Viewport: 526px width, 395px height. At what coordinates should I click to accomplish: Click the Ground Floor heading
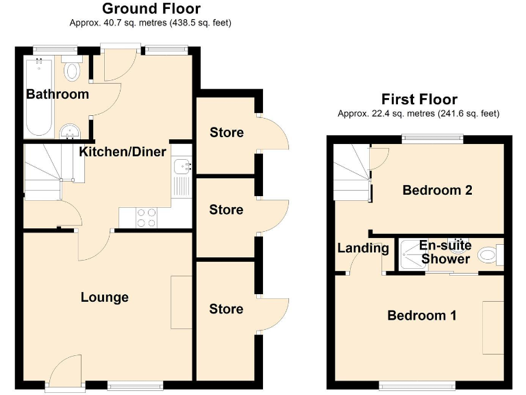[x=151, y=9]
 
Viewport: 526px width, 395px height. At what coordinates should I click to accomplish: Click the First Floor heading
[x=419, y=99]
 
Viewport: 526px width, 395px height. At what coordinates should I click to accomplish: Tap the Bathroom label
[x=58, y=94]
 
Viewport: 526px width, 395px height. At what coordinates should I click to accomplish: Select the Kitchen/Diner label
[x=123, y=152]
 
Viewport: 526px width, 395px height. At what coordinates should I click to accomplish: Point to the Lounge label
[x=105, y=297]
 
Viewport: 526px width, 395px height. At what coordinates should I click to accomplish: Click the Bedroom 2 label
[x=438, y=190]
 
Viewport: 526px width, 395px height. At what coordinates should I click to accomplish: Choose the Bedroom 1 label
[x=422, y=315]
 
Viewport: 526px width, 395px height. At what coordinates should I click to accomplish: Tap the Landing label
[x=363, y=248]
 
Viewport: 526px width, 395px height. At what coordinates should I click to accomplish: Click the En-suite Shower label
[x=445, y=252]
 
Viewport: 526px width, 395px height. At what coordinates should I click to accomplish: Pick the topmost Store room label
[x=227, y=132]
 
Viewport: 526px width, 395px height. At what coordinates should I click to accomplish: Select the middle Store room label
[x=227, y=209]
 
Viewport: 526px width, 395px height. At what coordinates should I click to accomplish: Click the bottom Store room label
[x=227, y=309]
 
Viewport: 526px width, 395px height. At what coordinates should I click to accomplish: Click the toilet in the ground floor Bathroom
[x=71, y=70]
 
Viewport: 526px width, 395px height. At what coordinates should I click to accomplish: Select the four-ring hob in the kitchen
[x=146, y=217]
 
